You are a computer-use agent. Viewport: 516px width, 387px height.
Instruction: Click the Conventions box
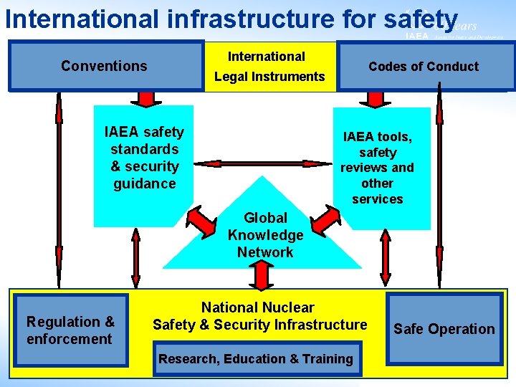coord(105,66)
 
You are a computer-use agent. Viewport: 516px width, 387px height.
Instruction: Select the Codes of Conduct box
coord(423,67)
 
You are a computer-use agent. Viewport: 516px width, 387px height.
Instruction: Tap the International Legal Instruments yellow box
coord(269,67)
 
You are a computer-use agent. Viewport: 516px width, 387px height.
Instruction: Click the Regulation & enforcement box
coord(70,330)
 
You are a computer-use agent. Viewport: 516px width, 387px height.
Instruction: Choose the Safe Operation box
coord(444,329)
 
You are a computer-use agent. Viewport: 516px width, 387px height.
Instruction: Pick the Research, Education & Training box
coord(256,359)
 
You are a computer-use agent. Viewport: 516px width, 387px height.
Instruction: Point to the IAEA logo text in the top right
coord(416,36)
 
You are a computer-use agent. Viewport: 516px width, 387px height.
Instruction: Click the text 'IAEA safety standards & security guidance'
coord(144,158)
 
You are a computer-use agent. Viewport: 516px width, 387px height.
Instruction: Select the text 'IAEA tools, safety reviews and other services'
coord(377,167)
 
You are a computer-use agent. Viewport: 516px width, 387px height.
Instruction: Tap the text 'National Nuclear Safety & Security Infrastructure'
coord(259,316)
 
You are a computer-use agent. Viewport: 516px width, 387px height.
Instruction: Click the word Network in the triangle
coord(265,252)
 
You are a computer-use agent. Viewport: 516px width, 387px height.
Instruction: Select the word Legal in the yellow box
coord(231,77)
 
